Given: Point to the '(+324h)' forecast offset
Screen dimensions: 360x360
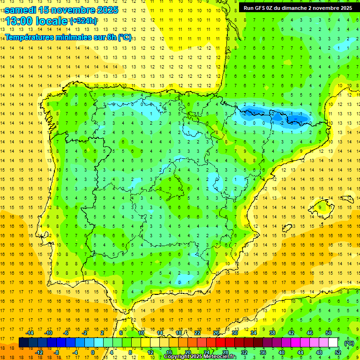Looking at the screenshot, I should coord(83,21).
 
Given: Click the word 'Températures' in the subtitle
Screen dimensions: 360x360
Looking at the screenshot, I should coord(31,37).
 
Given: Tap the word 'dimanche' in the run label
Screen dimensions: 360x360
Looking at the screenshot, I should coord(297,7).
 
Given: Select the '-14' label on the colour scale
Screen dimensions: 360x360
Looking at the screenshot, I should coord(30,333).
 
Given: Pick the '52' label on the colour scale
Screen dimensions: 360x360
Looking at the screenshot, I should coord(338,352).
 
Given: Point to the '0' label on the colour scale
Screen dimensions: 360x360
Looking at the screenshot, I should coord(93,352).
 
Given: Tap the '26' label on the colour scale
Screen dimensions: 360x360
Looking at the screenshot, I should coord(216,333).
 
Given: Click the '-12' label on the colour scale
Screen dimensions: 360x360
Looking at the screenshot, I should coord(39,352).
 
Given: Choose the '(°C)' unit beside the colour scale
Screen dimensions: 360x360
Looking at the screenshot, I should coord(349,343).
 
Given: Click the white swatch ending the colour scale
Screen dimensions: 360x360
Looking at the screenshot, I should coord(333,343).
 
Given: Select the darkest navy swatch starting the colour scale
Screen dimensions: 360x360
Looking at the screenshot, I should coord(23,343).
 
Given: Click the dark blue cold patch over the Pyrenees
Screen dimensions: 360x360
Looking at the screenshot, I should coord(274,114).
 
